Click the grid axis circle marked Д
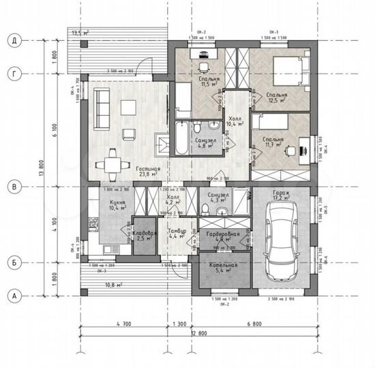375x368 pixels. coord(12,40)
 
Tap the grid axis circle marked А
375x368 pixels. coord(12,296)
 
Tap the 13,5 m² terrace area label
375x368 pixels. coord(80,32)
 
